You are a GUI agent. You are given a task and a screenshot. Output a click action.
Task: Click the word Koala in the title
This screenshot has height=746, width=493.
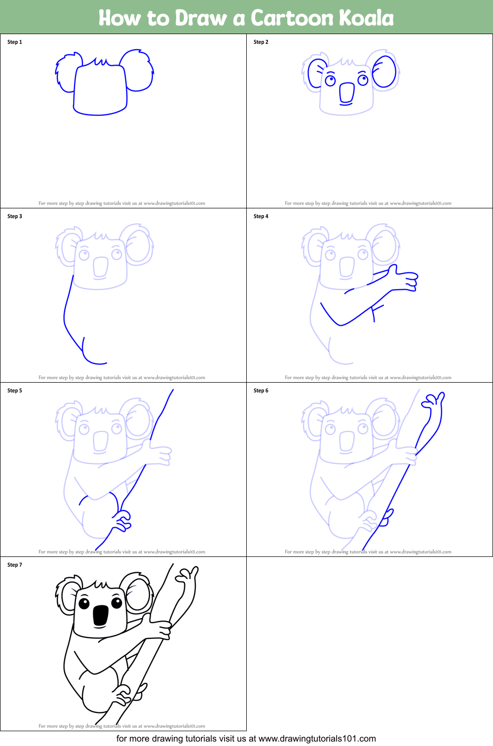(x=366, y=18)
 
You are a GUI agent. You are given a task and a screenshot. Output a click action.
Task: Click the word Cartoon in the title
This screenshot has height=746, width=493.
(x=292, y=18)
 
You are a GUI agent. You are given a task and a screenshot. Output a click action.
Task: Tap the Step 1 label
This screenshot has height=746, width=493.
(x=15, y=42)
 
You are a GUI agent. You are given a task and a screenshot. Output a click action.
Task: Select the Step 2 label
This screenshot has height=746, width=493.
(x=261, y=42)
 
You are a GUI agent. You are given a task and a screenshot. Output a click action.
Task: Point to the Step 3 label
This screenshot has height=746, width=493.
(x=15, y=216)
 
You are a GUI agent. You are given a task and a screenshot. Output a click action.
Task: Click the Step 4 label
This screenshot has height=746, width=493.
(x=261, y=216)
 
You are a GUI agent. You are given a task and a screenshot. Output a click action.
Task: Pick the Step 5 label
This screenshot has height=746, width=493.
(x=15, y=391)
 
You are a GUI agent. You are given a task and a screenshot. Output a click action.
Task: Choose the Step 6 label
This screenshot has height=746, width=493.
(x=261, y=391)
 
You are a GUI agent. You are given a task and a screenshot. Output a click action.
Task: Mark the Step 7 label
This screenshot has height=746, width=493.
(x=15, y=565)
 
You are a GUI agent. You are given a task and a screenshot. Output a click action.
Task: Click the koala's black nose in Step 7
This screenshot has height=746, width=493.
(x=101, y=615)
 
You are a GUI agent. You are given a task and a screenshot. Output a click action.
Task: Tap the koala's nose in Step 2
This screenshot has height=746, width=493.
(x=346, y=92)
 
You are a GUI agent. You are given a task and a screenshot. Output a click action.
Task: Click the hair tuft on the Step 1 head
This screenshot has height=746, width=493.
(x=102, y=62)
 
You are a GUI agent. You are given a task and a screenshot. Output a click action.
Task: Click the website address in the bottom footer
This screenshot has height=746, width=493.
(x=317, y=739)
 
